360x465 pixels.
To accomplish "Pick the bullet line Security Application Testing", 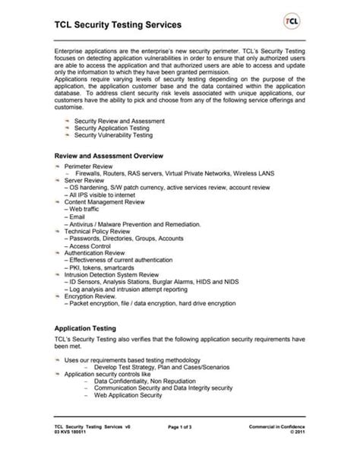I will (112, 128).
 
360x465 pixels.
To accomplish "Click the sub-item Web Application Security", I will (128, 396).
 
